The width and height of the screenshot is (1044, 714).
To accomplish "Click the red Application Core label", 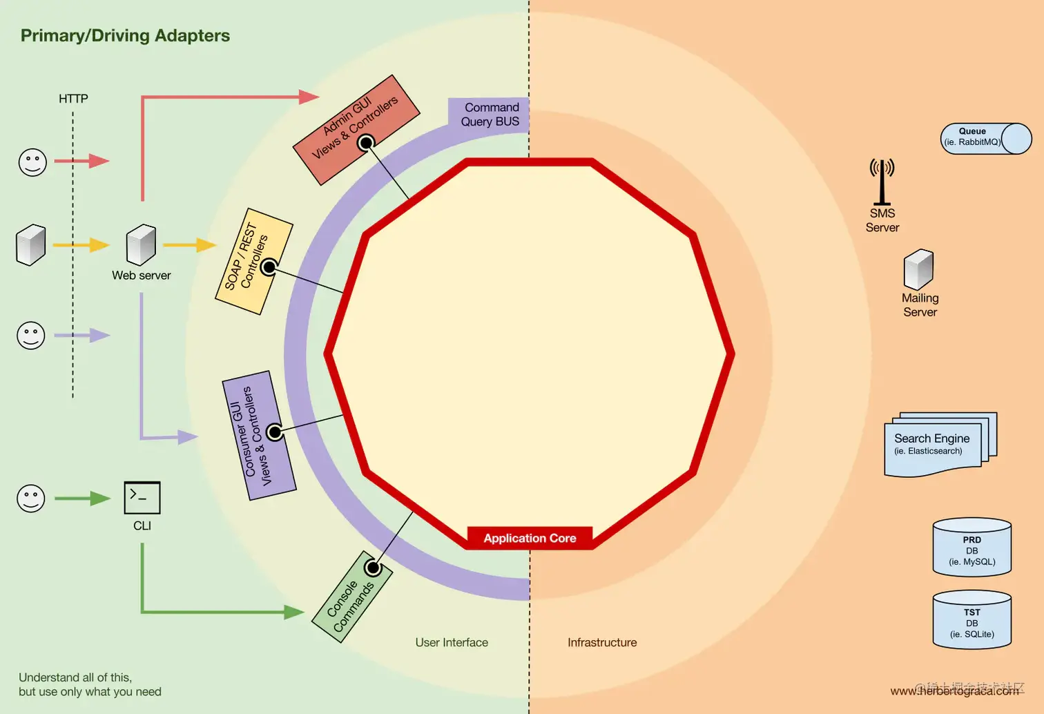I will tap(530, 538).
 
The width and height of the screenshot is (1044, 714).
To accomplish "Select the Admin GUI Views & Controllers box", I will tap(356, 129).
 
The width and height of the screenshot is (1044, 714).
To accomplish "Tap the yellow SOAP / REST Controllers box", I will tap(253, 260).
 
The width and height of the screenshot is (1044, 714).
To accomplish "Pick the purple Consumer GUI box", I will tap(259, 435).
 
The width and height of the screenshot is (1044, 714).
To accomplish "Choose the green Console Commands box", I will tap(351, 597).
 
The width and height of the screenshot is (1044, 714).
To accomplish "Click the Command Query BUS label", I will tap(490, 115).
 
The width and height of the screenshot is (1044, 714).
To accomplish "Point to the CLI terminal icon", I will tap(142, 497).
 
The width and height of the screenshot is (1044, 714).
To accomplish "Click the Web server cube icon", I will tap(141, 244).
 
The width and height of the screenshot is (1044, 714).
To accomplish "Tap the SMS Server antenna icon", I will tap(882, 182).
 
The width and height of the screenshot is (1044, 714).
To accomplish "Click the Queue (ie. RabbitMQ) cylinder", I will tap(986, 138).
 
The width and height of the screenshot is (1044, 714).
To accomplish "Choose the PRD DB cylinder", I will tap(971, 547).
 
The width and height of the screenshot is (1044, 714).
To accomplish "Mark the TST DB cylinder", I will tap(971, 619).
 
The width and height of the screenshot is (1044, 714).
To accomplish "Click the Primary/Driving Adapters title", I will tap(125, 36).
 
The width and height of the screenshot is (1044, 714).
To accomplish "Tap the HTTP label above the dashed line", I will tap(73, 99).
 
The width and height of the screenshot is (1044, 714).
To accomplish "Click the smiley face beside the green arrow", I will tap(31, 498).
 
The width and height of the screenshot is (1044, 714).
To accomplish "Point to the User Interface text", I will tap(452, 642).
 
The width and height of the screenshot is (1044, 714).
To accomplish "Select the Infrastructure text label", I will tap(602, 642).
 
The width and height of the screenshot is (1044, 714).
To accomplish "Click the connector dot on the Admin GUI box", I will tap(366, 143).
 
